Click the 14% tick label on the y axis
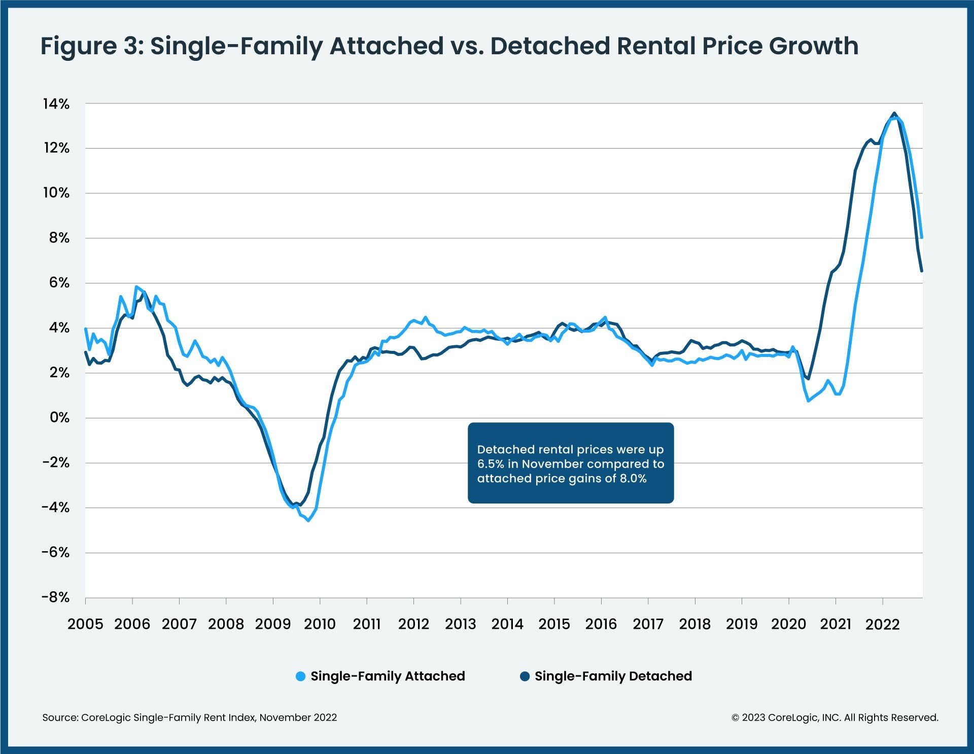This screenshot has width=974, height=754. pos(56,104)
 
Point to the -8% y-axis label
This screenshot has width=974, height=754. pos(56,597)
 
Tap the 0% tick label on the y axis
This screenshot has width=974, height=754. pos(59,418)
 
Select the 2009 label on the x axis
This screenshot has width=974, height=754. pos(273,624)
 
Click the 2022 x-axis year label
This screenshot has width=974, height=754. pos(882,624)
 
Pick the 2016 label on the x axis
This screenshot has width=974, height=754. pos(601,624)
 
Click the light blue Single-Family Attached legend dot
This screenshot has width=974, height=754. pos(300,676)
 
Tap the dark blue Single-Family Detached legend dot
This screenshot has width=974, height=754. pos(525,676)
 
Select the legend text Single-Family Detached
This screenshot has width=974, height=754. pos(613,676)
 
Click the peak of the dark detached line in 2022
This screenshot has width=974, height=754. pos(894,113)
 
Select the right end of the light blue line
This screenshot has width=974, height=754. pos(922,237)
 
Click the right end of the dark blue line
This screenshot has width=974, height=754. pos(922,271)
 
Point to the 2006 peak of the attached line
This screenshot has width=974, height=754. pos(136,286)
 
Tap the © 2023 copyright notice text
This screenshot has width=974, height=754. pos(834,717)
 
